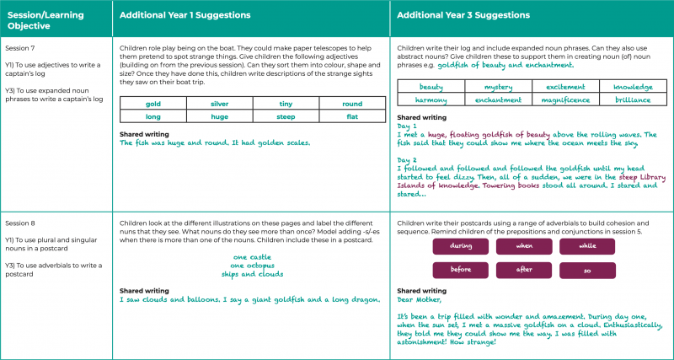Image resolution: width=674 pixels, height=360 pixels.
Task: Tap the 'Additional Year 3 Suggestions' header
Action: [456, 15]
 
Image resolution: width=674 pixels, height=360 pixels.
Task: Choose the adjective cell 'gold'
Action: [152, 104]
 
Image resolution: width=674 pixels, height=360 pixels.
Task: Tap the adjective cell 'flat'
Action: [353, 116]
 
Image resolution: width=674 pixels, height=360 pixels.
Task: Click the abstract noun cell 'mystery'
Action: [497, 87]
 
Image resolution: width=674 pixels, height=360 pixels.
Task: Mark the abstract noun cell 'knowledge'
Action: [632, 87]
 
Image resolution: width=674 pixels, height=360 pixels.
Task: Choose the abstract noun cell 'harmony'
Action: [431, 99]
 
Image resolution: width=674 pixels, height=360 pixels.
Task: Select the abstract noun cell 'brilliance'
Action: [632, 99]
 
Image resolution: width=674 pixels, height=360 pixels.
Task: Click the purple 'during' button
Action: [461, 245]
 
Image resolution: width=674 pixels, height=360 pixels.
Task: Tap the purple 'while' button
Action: [589, 245]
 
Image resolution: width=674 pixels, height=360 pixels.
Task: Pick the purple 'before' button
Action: [461, 270]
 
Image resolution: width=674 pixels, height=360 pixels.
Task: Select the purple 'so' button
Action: [589, 270]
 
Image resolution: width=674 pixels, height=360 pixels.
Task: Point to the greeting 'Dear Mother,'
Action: [419, 298]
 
